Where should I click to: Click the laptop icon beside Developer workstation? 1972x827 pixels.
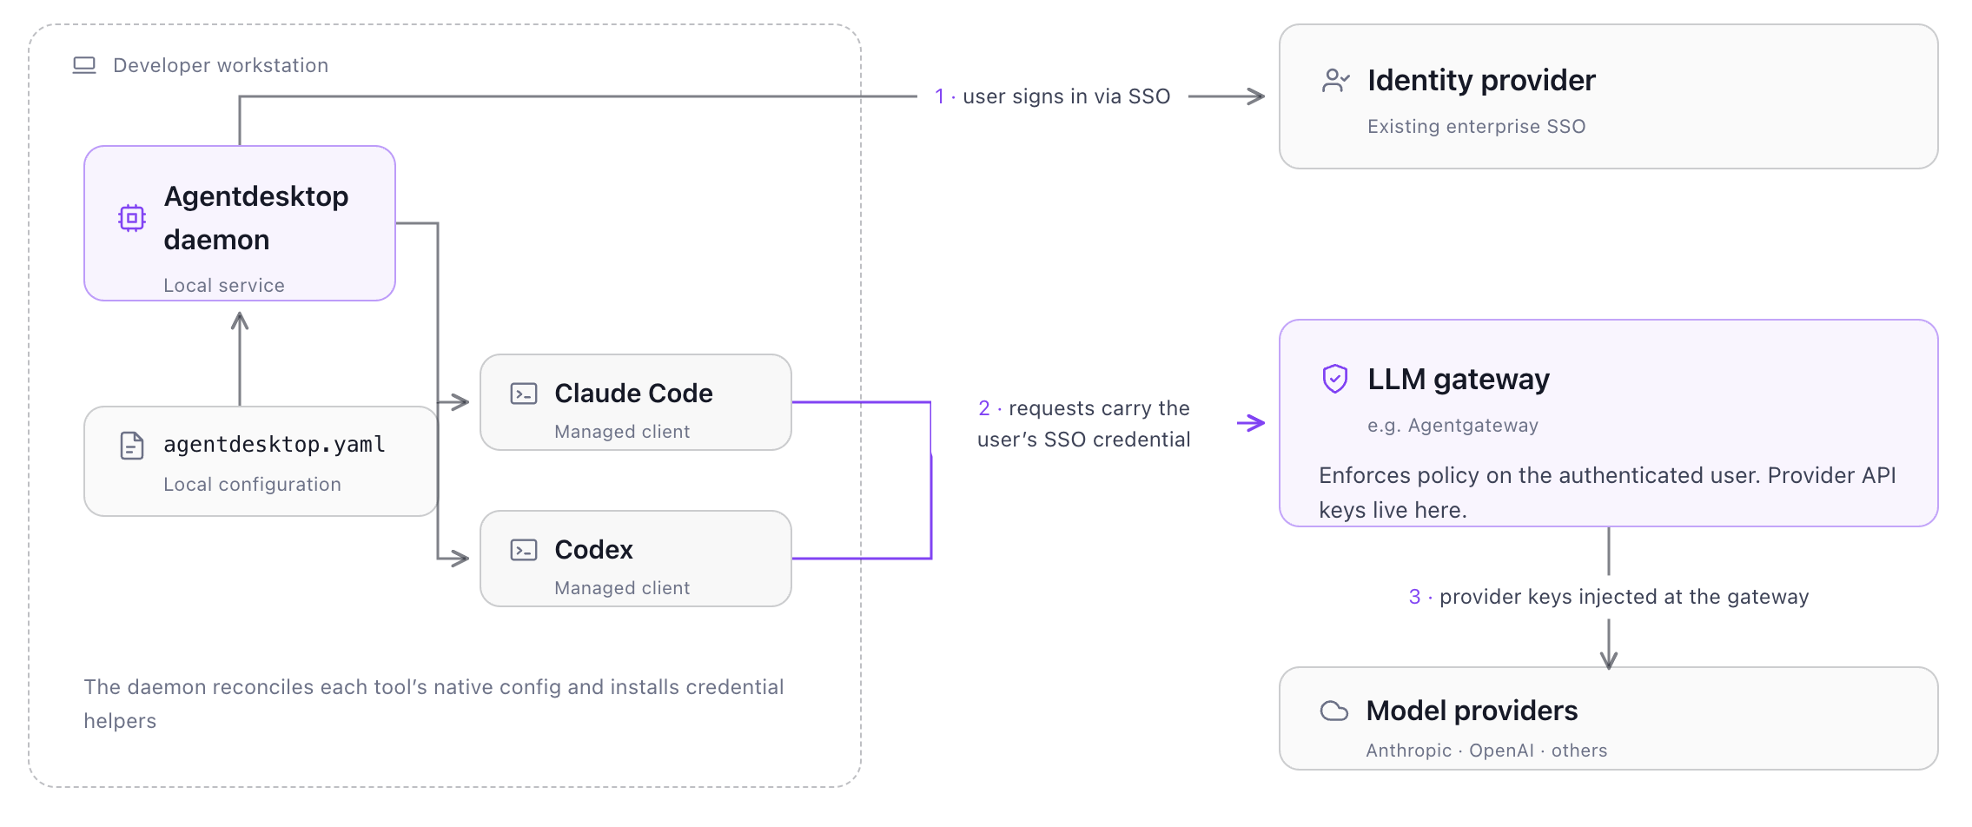(84, 65)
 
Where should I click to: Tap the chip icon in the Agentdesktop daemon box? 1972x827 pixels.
(132, 217)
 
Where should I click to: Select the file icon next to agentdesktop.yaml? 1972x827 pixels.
(132, 446)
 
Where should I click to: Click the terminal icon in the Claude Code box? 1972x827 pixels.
(524, 394)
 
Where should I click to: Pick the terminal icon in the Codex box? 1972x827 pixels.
(524, 550)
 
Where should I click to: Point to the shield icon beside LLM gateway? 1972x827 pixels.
(1335, 379)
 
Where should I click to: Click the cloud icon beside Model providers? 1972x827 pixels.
(1334, 711)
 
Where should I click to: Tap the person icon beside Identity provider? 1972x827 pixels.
(1335, 81)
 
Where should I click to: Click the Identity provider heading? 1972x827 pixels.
(1481, 81)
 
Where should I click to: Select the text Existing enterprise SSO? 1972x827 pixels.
(1476, 127)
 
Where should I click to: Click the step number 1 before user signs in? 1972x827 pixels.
(939, 96)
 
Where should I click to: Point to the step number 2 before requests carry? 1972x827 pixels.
(984, 408)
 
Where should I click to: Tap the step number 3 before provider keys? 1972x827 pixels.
(1414, 597)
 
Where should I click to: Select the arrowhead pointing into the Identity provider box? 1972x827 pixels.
(1256, 96)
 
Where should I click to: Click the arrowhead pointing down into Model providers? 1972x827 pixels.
(1609, 659)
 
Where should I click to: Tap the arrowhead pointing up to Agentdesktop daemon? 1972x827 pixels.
(240, 321)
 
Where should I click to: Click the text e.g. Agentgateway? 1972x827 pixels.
(1453, 426)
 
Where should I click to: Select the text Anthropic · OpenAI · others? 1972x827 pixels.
(1486, 751)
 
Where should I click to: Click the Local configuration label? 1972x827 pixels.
(252, 485)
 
